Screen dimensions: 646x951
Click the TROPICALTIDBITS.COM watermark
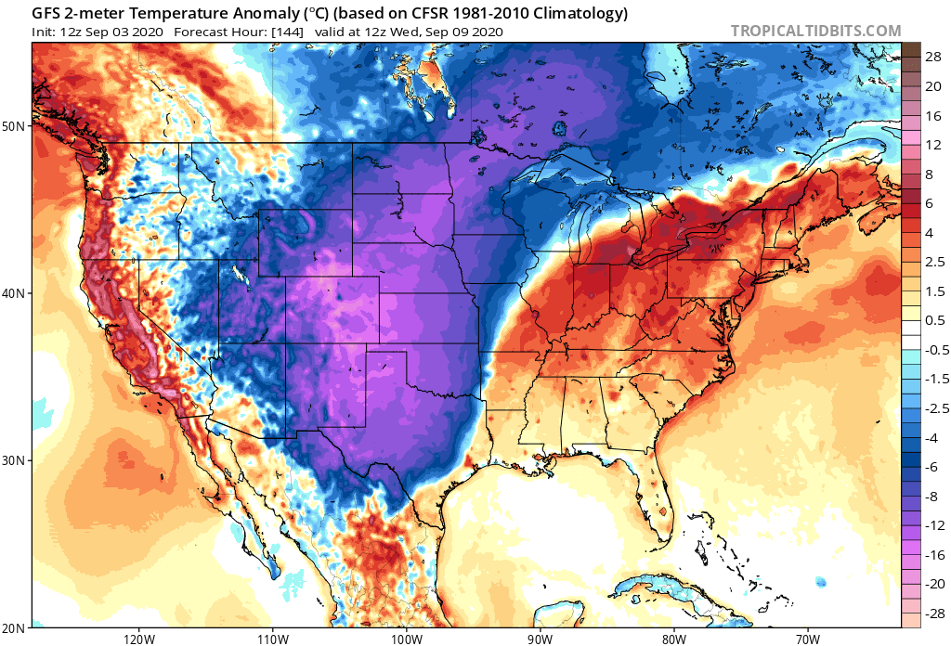815,31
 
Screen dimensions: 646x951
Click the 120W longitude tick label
137,638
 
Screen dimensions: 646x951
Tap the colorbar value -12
932,525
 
